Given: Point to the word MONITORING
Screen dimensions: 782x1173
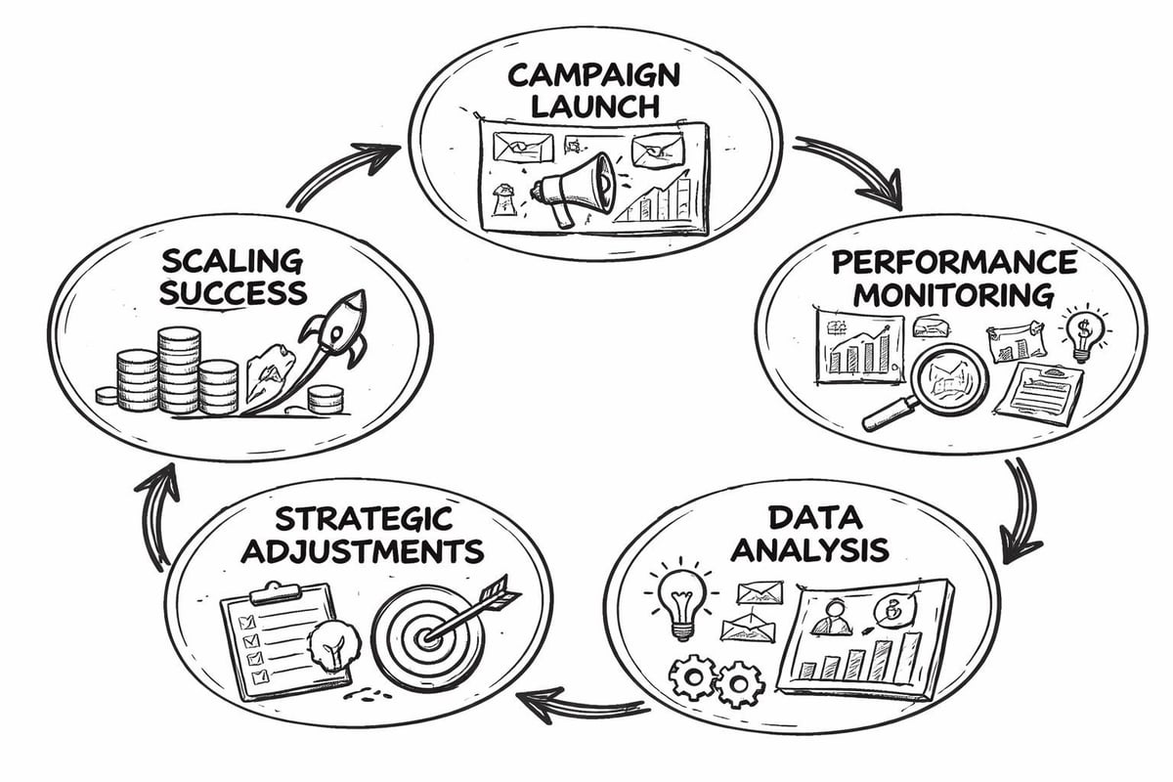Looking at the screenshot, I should click(954, 293).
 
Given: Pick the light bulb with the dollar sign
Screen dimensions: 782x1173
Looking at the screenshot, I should click(1082, 332).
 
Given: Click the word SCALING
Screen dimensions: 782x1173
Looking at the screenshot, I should click(233, 261).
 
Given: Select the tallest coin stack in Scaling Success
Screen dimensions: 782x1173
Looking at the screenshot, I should click(178, 369).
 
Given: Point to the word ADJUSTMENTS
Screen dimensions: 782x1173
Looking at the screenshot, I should click(362, 550).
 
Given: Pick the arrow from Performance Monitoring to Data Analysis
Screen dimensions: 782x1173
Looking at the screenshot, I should click(1021, 508).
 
